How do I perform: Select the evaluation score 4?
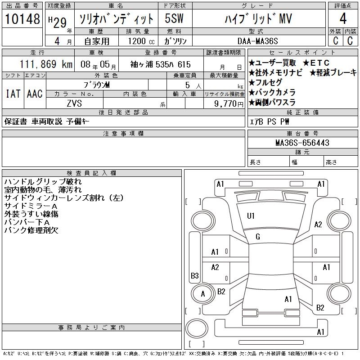click(x=343, y=19)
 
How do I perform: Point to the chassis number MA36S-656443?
click(x=302, y=143)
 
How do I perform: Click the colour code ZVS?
click(x=74, y=103)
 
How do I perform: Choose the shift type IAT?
click(x=13, y=94)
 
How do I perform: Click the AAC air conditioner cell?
click(x=35, y=94)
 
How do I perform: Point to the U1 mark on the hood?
click(x=251, y=216)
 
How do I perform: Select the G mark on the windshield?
click(x=258, y=237)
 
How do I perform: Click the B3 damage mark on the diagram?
click(x=195, y=276)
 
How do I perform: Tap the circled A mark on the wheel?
click(x=202, y=294)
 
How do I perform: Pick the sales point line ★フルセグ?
click(x=265, y=82)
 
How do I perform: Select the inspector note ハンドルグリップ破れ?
click(x=43, y=182)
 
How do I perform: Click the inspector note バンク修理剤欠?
click(x=31, y=230)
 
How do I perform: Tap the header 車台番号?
click(x=302, y=134)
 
